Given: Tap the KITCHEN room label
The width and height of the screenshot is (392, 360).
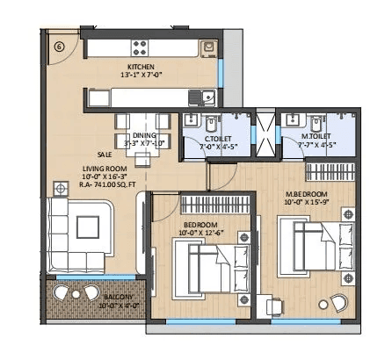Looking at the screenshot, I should [x=141, y=66].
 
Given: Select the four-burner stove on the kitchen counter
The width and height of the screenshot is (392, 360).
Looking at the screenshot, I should [x=141, y=46].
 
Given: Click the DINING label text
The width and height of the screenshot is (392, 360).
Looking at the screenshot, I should [x=144, y=135].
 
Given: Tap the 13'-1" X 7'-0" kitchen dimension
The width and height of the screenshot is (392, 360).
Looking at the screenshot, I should [x=141, y=76].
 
